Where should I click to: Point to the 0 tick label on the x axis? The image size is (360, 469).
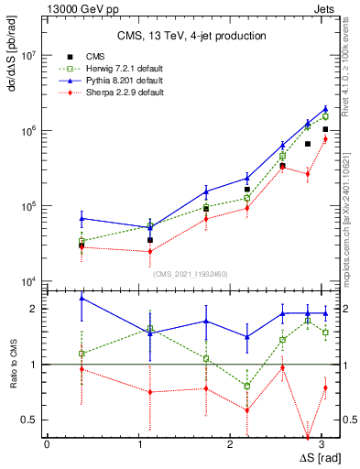[x=47, y=443]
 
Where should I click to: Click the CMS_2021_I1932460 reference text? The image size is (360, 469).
[x=191, y=274]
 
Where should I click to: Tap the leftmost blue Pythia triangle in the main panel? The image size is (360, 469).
[x=82, y=218]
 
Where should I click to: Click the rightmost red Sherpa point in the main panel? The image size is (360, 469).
[x=325, y=138]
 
